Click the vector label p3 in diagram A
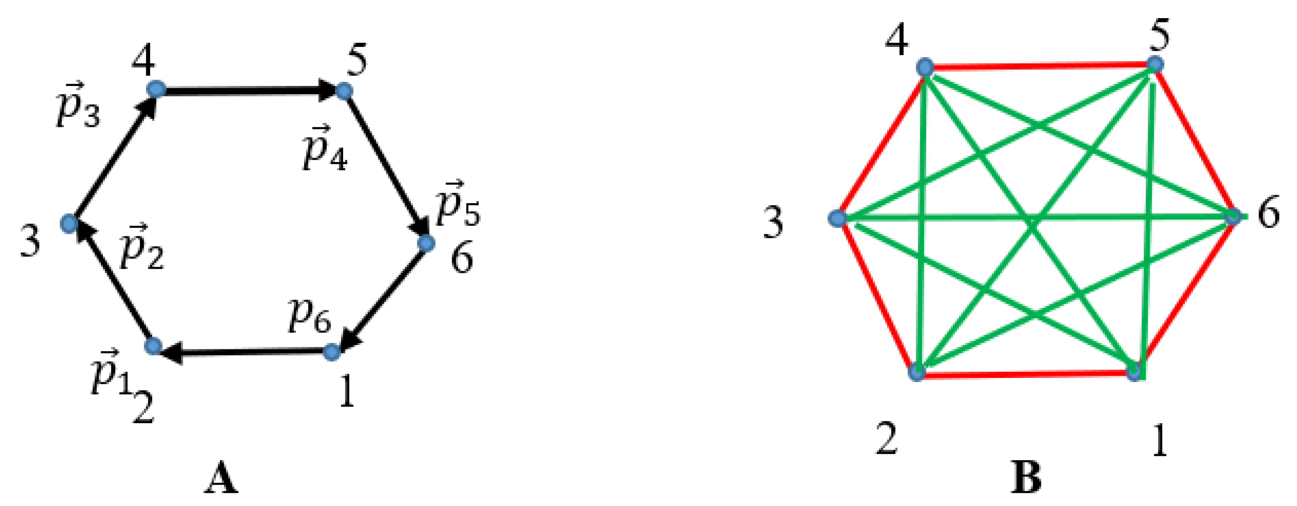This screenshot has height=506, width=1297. (x=78, y=106)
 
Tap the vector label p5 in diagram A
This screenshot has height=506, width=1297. (x=457, y=203)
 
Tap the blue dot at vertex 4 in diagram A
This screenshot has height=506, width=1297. (x=156, y=89)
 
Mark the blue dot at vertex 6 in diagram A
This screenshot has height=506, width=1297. (x=426, y=243)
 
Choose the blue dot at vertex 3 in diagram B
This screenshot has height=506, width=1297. (x=837, y=218)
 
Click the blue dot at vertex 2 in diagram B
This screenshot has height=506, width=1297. (x=917, y=373)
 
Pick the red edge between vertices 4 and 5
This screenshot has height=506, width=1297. (x=1040, y=65)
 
